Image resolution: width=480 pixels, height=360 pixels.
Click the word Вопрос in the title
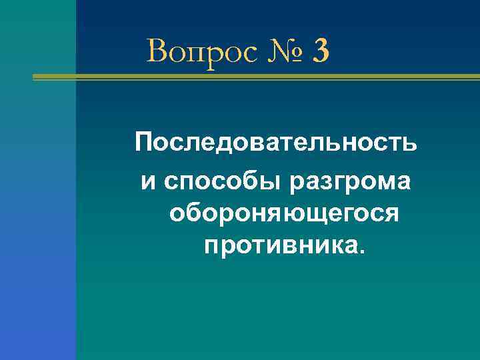(x=202, y=51)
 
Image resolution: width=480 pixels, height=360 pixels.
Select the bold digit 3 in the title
(x=319, y=51)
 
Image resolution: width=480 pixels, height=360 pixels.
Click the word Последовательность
(x=276, y=142)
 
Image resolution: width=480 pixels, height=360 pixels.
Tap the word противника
(x=281, y=246)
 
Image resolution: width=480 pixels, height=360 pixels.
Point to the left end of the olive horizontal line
(x=35, y=78)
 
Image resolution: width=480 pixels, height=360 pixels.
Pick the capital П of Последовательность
(x=144, y=142)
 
